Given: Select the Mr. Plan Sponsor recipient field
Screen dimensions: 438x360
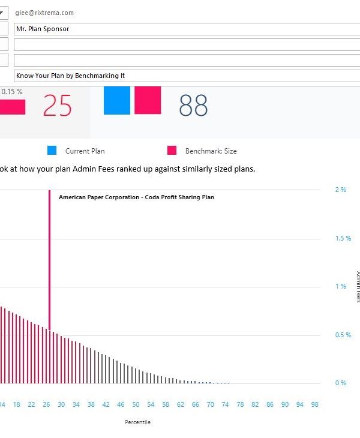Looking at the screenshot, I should pos(180,28).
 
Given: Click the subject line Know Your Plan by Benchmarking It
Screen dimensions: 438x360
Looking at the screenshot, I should pos(180,76).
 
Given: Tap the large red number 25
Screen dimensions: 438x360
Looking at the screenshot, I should pos(58,106).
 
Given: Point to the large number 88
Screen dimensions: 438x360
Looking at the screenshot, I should pos(193,106).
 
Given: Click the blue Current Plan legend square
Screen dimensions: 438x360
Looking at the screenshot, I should pos(52,151).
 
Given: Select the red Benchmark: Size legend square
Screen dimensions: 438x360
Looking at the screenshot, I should pos(172,151).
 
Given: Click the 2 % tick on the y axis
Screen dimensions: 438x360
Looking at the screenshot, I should pos(341,190).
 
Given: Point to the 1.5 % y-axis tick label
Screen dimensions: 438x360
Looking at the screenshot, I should pos(343,238).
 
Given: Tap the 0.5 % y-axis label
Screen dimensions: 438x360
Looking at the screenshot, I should pos(343,335).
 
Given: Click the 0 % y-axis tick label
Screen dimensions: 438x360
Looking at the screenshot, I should pos(341,383).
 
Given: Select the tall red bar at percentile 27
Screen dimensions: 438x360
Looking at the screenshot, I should pos(49,264).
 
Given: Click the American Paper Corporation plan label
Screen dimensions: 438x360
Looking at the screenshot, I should pos(136,197).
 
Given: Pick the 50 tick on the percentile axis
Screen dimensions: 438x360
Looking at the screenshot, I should pos(136,404).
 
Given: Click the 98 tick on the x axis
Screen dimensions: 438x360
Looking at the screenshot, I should pos(314,404).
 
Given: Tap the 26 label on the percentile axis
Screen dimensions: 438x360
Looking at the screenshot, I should pos(46,404).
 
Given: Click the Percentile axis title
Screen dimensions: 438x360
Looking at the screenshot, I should pos(138,422).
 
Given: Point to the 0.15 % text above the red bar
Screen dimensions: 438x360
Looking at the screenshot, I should pos(11,91).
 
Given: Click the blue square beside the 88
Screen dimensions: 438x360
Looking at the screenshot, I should pos(117,100).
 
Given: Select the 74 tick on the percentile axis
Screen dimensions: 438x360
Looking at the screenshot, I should pos(225,404).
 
